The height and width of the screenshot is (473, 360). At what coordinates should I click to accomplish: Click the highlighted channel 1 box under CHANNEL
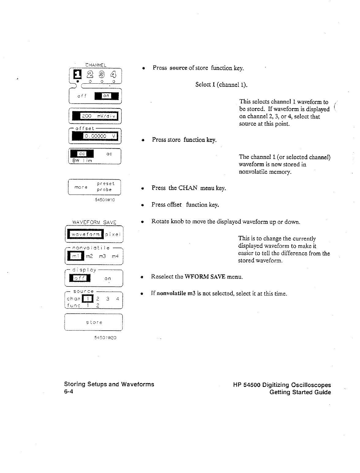point(76,74)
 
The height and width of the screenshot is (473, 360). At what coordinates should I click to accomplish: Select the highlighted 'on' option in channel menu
point(106,96)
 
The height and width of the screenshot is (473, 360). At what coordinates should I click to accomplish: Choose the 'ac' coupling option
point(109,153)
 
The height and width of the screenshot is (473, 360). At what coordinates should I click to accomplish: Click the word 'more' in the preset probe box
point(81,187)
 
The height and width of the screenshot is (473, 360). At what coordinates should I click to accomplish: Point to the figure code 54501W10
point(105,200)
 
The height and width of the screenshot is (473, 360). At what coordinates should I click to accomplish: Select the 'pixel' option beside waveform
point(113,234)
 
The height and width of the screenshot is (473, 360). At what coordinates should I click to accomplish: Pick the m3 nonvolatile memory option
point(103,256)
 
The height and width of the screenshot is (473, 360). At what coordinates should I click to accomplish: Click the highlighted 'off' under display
point(80,278)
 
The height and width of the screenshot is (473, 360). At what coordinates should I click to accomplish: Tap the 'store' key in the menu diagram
point(94,322)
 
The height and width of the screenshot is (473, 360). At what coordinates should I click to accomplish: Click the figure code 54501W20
point(105,338)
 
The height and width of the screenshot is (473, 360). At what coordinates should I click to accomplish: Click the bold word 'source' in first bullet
point(178,68)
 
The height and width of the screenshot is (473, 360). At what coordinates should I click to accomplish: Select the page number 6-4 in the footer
point(68,392)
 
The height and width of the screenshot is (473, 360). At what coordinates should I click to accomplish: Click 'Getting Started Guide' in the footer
point(300,392)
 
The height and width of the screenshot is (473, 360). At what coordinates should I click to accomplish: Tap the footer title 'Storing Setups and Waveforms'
point(109,384)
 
